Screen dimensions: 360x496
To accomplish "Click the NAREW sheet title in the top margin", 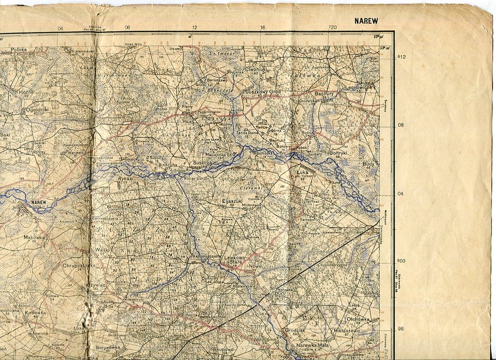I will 366,21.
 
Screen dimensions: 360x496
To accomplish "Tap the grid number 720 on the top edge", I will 332,28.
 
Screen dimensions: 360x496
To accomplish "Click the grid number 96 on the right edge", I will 401,329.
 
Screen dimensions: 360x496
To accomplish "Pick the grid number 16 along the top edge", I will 262,28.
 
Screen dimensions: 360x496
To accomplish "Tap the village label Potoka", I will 19,49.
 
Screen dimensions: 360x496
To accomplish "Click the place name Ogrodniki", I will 37,110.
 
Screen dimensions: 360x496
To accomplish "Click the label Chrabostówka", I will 78,266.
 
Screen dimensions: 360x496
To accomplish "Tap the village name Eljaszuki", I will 231,200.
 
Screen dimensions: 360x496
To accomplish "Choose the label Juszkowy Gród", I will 263,91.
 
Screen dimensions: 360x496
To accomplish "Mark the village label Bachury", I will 323,93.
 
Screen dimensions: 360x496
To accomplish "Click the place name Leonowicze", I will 361,88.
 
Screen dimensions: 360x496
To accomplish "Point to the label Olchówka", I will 358,319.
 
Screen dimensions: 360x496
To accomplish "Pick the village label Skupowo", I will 223,348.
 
